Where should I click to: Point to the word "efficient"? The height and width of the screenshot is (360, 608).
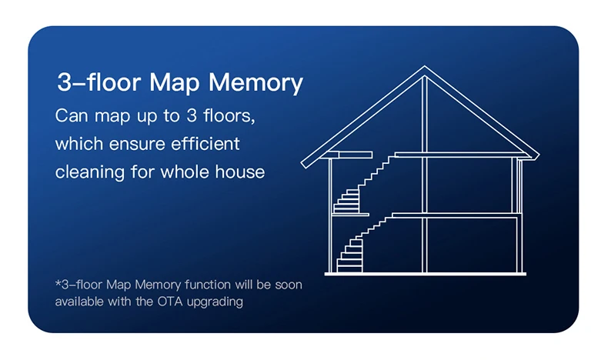tap(206, 144)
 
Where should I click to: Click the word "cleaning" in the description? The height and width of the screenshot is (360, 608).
tap(87, 171)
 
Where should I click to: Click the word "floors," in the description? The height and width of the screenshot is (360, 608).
tap(232, 117)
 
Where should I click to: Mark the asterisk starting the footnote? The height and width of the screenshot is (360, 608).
tap(57, 283)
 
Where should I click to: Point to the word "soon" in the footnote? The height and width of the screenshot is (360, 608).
tap(287, 285)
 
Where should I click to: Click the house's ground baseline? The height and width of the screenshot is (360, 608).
tap(424, 273)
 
